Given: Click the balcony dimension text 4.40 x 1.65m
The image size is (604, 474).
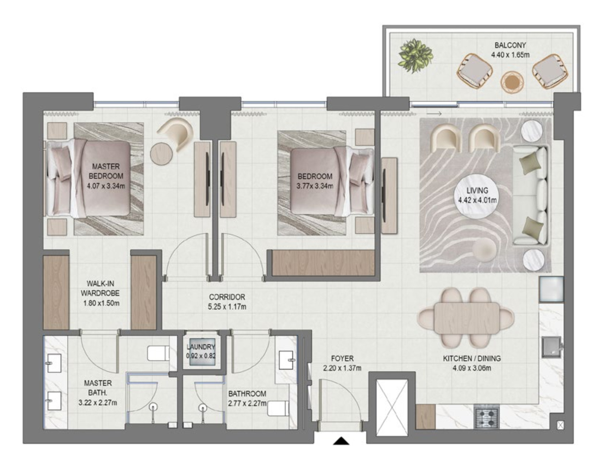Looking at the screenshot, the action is click(x=510, y=55).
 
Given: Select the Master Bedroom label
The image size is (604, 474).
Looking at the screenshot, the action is click(x=106, y=171).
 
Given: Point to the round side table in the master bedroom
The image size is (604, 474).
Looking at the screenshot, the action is click(x=161, y=154).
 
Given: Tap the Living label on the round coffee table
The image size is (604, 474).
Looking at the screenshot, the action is click(x=477, y=190).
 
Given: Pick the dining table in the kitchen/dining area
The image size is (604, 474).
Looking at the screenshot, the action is click(x=467, y=318).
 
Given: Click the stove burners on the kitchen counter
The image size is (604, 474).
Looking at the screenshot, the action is click(x=486, y=417).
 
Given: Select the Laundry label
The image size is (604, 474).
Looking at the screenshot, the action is click(x=201, y=347).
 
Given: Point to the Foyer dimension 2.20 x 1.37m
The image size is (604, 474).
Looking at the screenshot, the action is click(x=342, y=368).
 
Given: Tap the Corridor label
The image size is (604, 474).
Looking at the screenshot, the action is click(x=227, y=297).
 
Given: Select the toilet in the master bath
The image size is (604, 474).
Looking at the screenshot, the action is click(x=158, y=353).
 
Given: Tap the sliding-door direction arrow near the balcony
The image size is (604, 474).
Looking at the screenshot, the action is click(x=434, y=114).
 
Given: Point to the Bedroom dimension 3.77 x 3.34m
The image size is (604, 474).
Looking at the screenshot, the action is click(x=315, y=186).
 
